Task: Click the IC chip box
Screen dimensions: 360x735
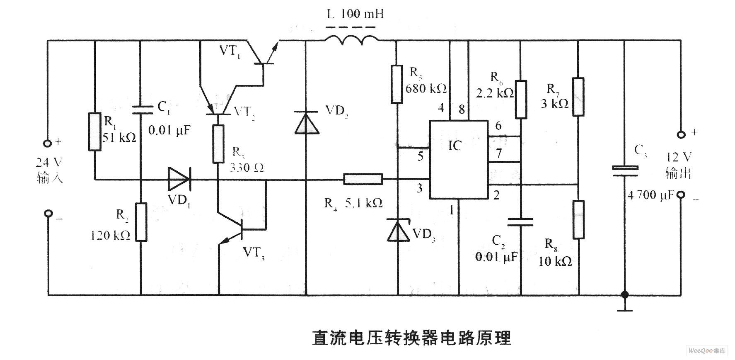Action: (458, 160)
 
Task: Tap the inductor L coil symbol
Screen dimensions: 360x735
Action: (351, 40)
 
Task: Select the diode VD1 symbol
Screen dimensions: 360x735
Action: (179, 180)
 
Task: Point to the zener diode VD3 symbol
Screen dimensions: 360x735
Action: (398, 231)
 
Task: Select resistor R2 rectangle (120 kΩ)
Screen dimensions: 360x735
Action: (141, 222)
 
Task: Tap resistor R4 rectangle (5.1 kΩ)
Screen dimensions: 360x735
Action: (363, 180)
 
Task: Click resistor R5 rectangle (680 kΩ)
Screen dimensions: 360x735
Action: (397, 84)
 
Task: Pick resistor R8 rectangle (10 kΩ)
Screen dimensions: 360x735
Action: (578, 219)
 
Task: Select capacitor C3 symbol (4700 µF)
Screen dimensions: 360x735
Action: (625, 171)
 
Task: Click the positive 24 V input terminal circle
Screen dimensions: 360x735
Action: (48, 144)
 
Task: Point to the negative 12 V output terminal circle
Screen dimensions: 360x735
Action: (680, 195)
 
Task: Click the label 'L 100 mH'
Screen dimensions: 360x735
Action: (355, 15)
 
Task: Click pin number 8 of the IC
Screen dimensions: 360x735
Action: (461, 109)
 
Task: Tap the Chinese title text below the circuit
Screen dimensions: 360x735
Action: (411, 338)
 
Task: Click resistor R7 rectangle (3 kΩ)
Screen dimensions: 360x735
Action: (578, 96)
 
